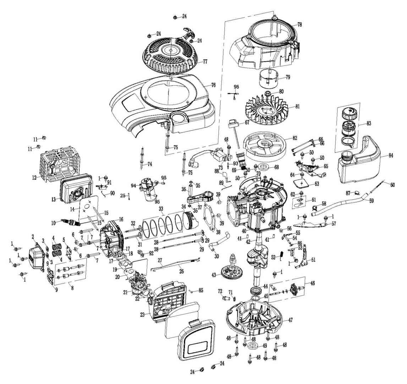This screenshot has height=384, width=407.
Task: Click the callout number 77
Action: tap(205, 62)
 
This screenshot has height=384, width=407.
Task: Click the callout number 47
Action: tap(290, 320)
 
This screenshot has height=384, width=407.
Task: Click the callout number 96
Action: tap(236, 86)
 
